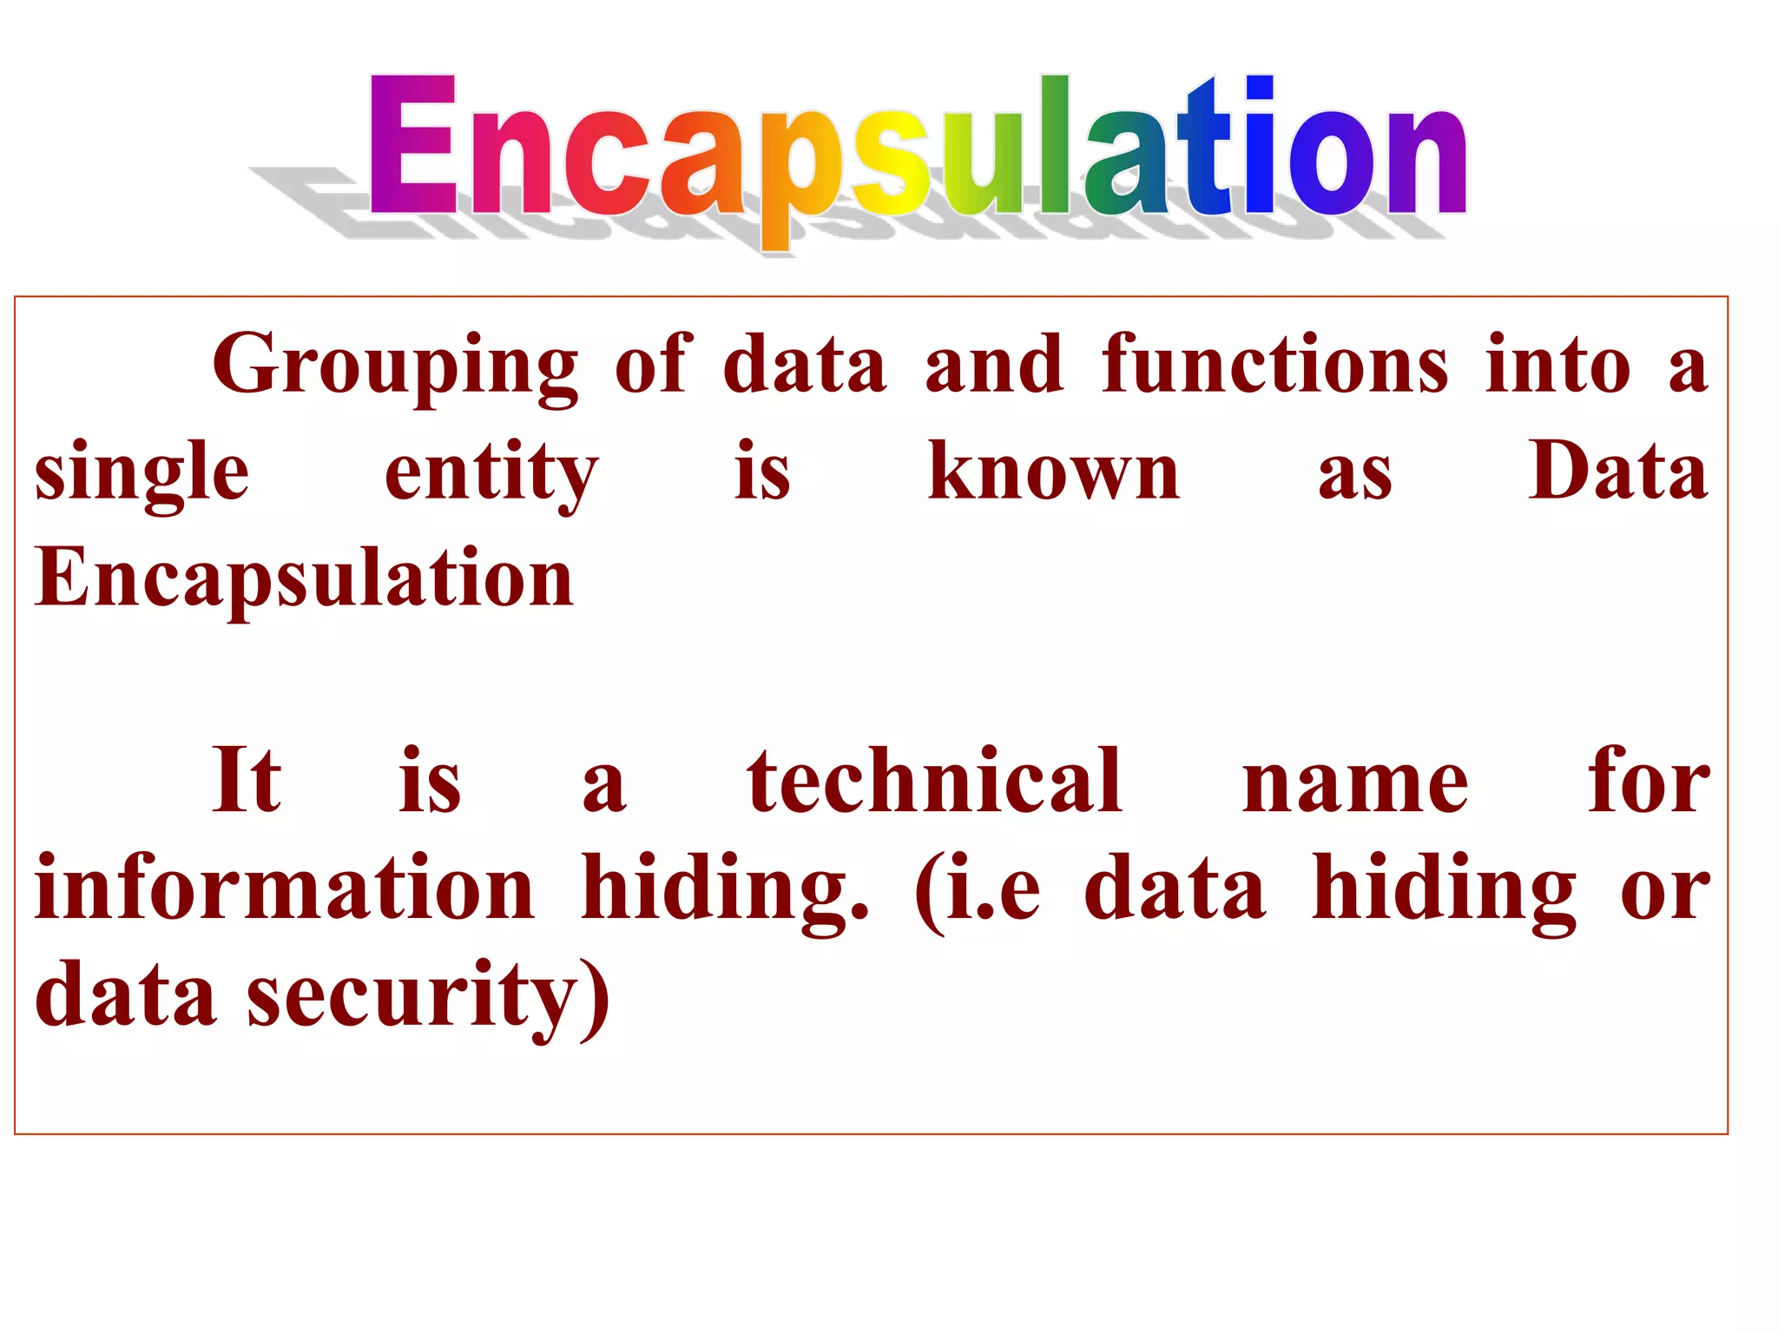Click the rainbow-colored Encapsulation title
click(x=918, y=148)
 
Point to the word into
click(x=1557, y=365)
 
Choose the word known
click(x=1054, y=472)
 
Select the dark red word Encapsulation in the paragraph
click(x=304, y=578)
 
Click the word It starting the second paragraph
click(x=247, y=781)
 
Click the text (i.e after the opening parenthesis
click(x=978, y=889)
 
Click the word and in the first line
click(x=994, y=365)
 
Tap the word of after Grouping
click(x=654, y=365)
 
